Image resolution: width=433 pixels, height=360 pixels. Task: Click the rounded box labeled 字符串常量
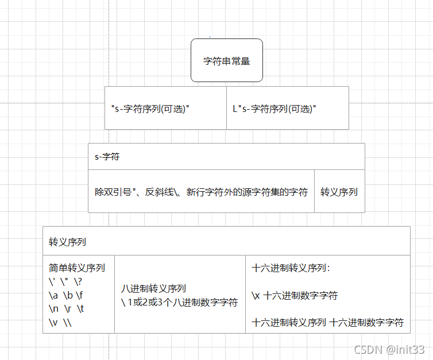pos(227,60)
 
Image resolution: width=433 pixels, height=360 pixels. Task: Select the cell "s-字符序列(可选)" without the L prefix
pos(150,108)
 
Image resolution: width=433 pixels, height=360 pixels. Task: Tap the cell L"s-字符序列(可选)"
pos(275,108)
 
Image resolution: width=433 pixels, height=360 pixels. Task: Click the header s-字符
pos(107,156)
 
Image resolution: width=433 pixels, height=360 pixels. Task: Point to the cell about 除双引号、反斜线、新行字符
pos(201,192)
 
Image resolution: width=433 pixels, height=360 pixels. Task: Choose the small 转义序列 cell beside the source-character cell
pos(339,192)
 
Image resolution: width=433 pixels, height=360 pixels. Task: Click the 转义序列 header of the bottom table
pos(68,242)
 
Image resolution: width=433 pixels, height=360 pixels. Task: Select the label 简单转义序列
pos(77,268)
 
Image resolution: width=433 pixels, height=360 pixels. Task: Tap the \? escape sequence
pos(78,281)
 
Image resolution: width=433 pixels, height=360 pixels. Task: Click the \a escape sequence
pos(53,295)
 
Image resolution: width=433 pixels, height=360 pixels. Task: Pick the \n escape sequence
pos(53,309)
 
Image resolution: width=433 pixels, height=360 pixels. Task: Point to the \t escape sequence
pos(80,309)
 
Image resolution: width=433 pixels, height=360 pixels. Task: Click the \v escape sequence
pos(53,323)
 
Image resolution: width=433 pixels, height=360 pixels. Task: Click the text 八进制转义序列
pos(153,289)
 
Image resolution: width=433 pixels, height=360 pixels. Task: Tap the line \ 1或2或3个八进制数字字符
pos(179,303)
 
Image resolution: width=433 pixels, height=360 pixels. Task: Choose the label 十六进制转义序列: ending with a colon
pos(291,268)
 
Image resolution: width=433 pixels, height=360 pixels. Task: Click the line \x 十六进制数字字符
pos(294,296)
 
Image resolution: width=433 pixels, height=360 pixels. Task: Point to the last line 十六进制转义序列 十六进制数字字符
pos(327,323)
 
